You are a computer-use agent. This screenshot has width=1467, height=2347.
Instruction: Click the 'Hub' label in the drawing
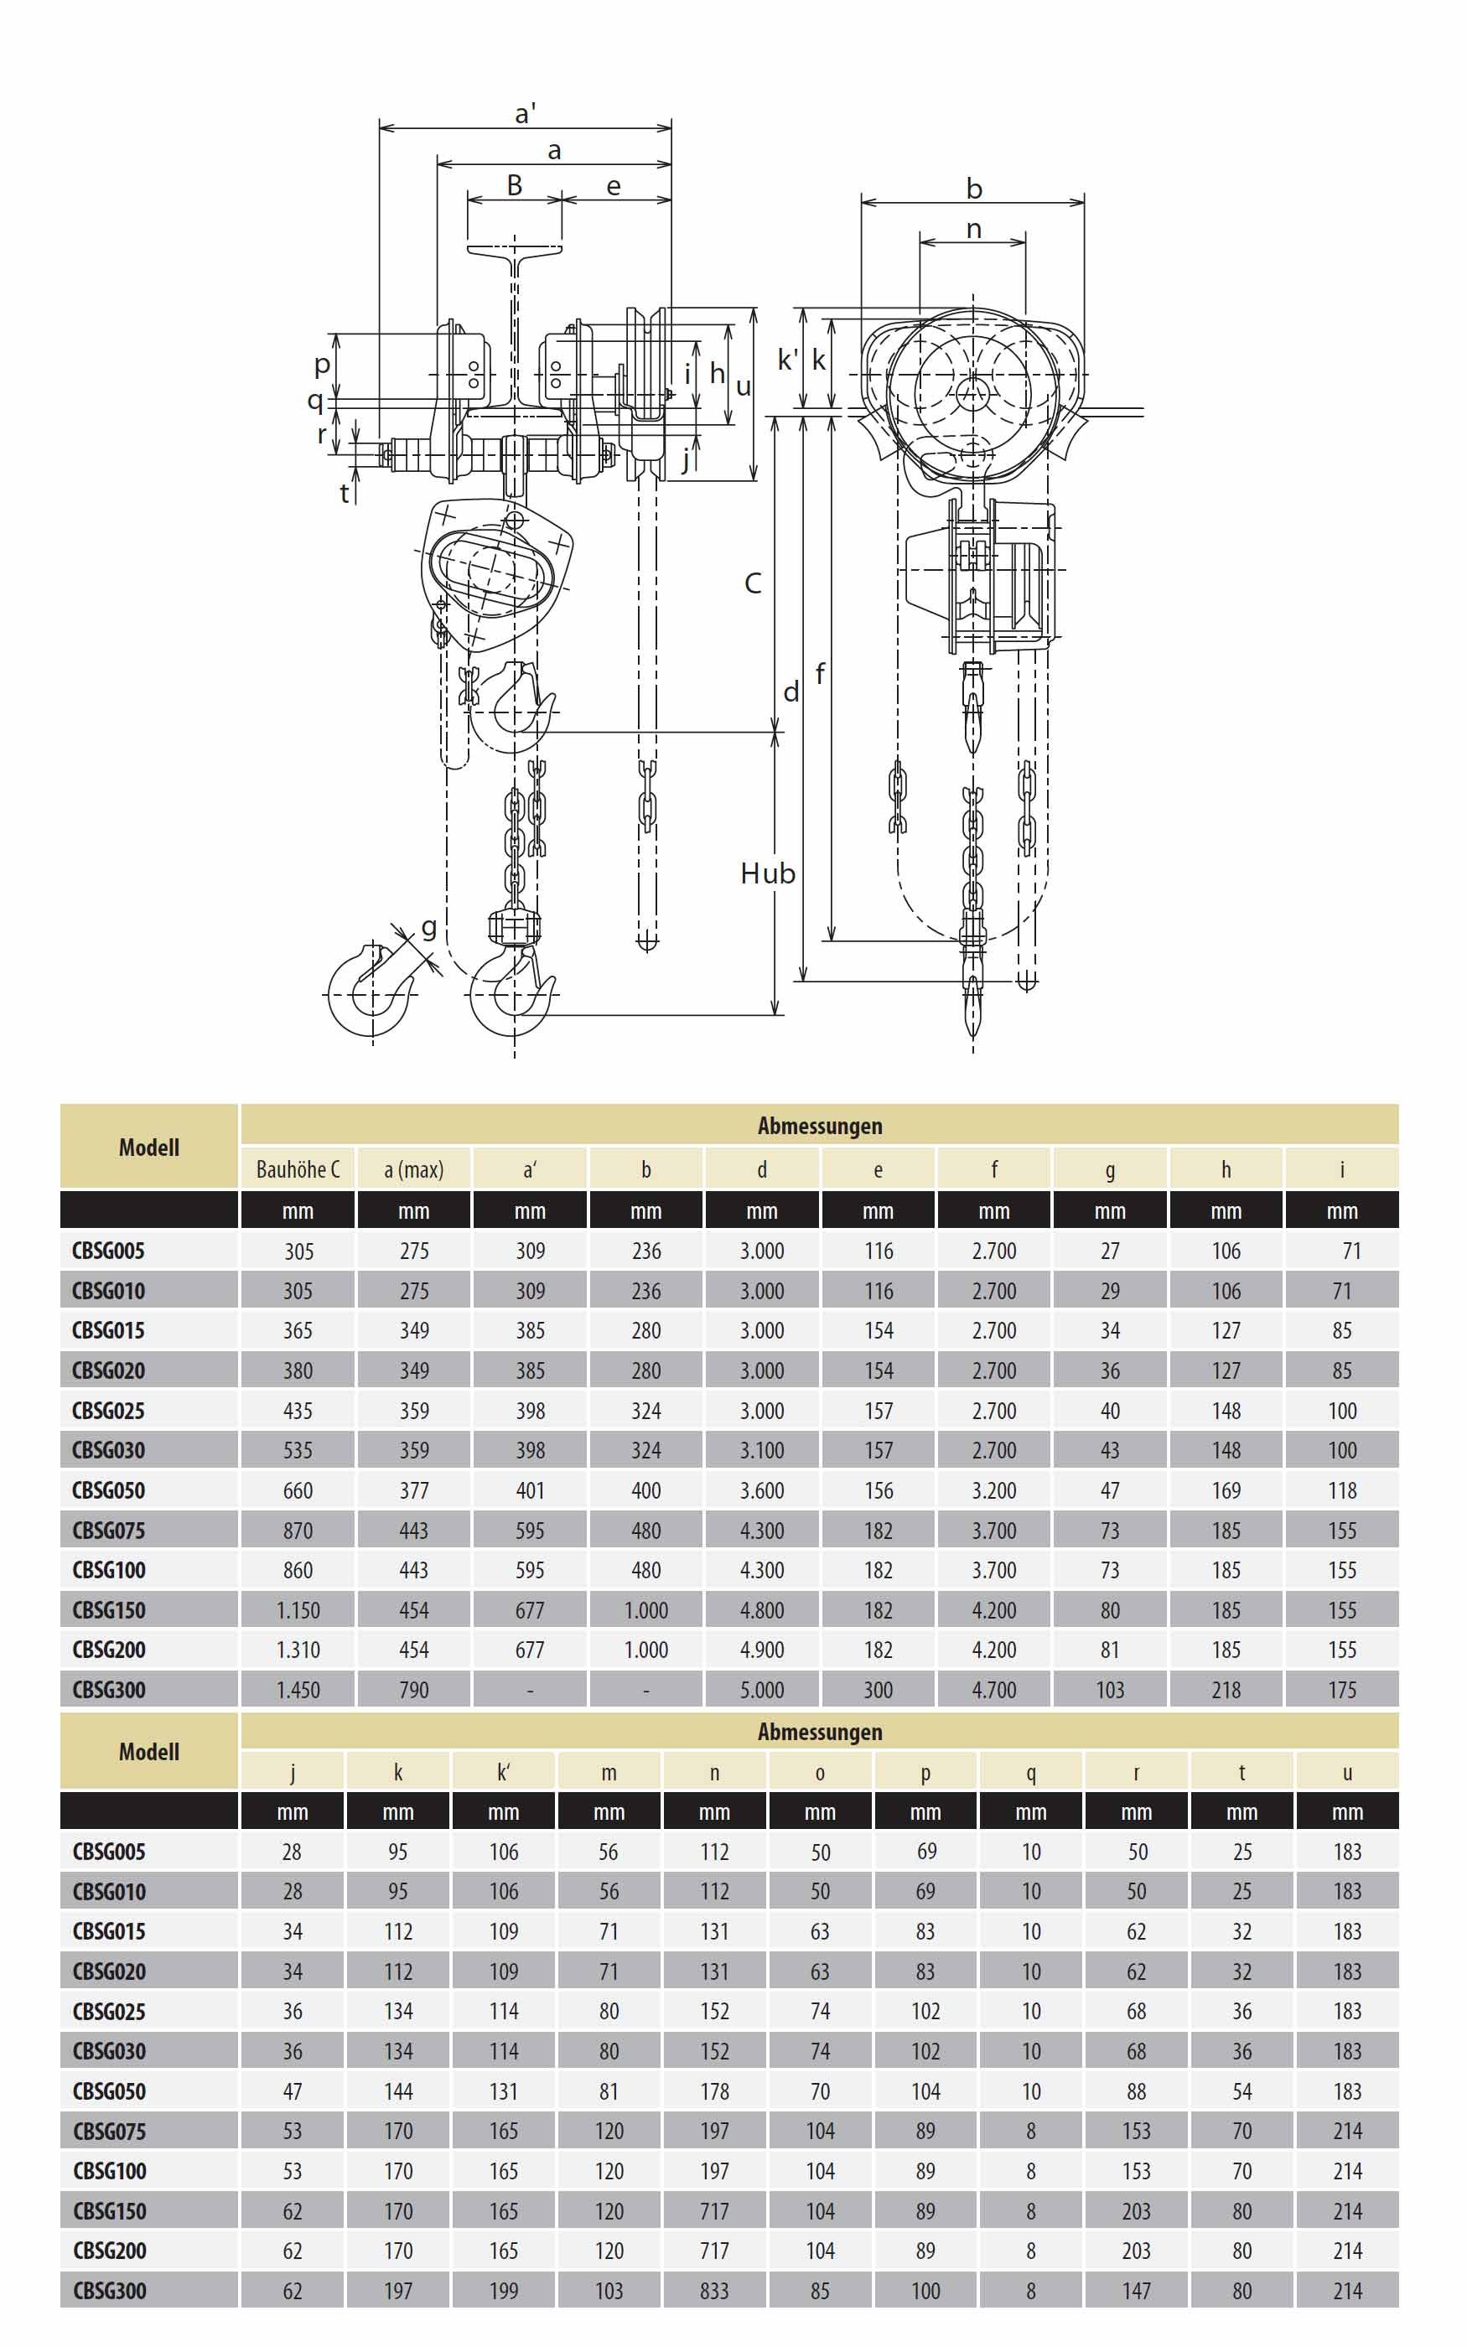[x=768, y=873]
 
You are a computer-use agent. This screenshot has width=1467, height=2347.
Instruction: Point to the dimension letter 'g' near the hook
[x=428, y=928]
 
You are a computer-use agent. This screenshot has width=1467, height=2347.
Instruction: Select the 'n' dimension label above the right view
[x=974, y=229]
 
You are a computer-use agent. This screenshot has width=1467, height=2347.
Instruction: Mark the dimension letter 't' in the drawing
[x=345, y=494]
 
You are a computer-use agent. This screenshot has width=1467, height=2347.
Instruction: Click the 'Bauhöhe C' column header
[x=298, y=1169]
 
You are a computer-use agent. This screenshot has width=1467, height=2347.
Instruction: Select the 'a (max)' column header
[x=413, y=1169]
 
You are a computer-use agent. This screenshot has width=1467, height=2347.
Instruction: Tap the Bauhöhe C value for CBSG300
[x=298, y=1690]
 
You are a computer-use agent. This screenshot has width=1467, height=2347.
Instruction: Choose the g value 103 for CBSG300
[x=1110, y=1690]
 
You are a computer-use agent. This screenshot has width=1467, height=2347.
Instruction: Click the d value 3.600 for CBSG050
[x=762, y=1490]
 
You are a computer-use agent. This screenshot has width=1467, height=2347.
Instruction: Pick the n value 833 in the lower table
[x=714, y=2291]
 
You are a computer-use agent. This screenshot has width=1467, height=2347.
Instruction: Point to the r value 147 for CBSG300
[x=1136, y=2291]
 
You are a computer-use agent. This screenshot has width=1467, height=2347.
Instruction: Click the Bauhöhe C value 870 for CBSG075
[x=298, y=1531]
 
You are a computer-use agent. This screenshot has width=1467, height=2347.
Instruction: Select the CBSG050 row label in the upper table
[x=109, y=1490]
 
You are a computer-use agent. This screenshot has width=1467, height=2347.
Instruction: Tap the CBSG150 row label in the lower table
[x=109, y=2211]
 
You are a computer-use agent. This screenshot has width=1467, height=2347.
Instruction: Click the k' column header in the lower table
[x=504, y=1772]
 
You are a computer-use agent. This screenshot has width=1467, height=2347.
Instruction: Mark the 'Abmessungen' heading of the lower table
[x=820, y=1731]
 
